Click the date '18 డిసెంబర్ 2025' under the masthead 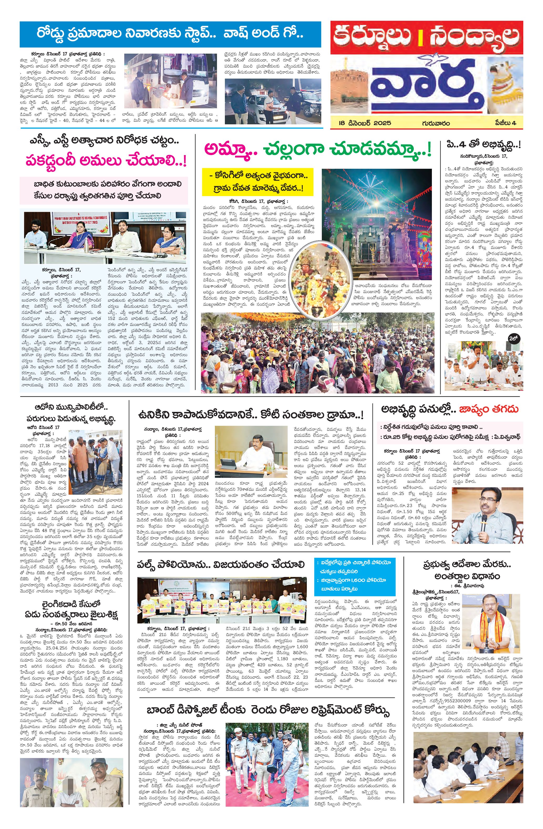point(365,123)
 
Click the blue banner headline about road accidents point(170,34)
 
